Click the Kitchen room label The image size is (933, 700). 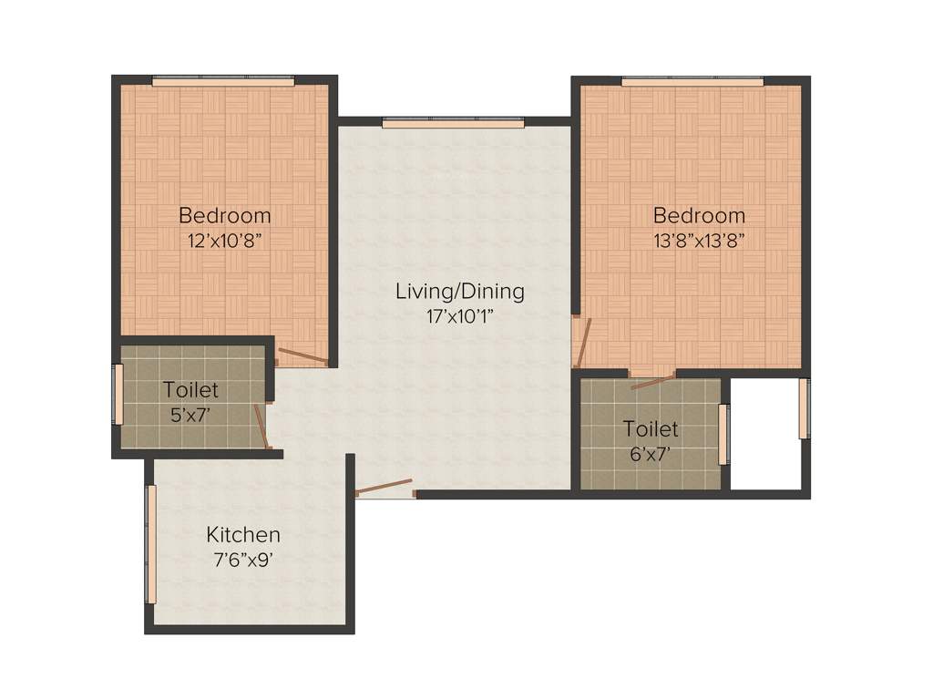tap(242, 535)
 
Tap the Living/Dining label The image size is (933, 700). tap(459, 292)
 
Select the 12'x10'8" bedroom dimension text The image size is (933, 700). tap(224, 242)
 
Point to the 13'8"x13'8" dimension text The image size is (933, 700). tap(699, 242)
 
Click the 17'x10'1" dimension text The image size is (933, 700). tap(459, 317)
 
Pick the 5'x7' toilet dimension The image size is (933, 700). tap(190, 415)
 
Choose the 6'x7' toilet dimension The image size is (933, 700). tap(650, 453)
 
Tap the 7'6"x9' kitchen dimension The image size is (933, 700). tap(242, 561)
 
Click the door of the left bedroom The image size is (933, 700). tap(302, 356)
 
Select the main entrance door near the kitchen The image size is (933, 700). tap(384, 488)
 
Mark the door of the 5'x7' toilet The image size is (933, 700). tap(261, 427)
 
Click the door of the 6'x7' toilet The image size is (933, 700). tap(653, 380)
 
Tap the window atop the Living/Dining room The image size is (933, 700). tap(453, 123)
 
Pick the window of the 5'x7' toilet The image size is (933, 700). tap(118, 394)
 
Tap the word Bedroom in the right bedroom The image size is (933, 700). tap(699, 216)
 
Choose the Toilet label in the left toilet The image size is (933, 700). tap(190, 390)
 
